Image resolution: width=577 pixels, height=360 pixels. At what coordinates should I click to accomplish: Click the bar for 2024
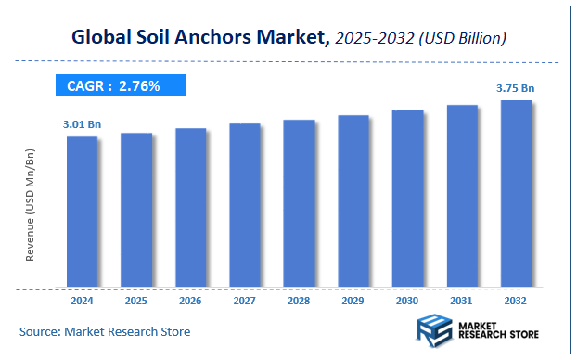[x=82, y=212]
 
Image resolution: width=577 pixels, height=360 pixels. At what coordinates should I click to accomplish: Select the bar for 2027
[x=245, y=205]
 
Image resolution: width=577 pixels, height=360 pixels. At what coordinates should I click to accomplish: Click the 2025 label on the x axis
[x=136, y=302]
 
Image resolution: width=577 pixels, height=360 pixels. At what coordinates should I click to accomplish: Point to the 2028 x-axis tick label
[x=299, y=302]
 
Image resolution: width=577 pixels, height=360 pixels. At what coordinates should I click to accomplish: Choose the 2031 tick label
[x=462, y=302]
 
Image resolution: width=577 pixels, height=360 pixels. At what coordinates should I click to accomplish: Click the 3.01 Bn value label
[x=82, y=122]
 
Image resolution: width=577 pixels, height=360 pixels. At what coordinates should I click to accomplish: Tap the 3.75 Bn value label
[x=517, y=88]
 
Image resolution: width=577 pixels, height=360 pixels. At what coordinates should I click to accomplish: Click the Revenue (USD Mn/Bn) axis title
[x=31, y=203]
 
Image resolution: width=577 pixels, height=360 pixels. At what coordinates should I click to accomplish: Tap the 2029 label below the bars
[x=353, y=302]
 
